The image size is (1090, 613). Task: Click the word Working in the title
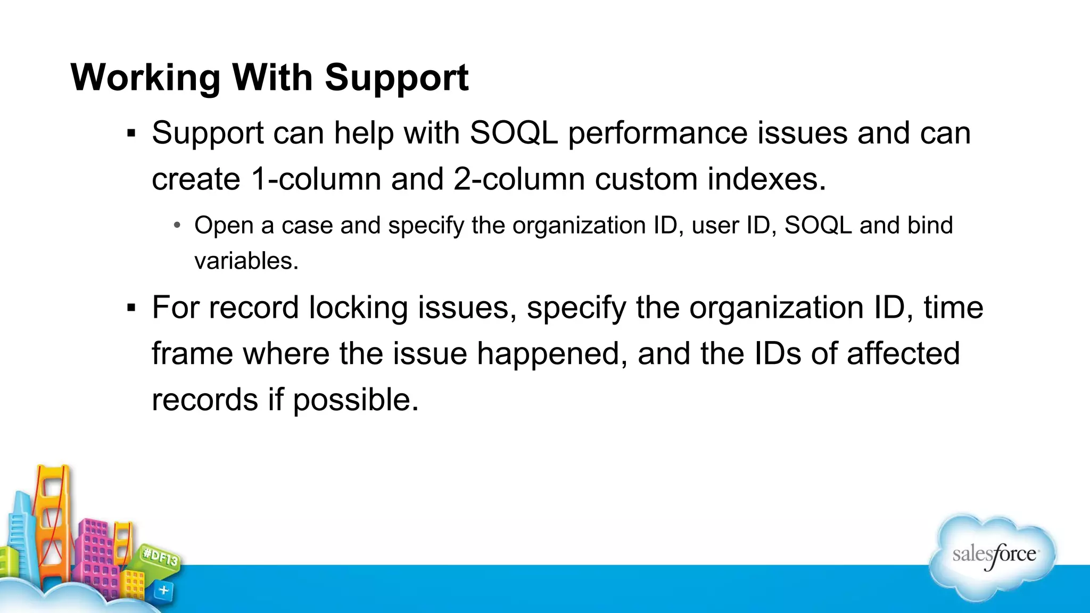145,78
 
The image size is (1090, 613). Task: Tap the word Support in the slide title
397,78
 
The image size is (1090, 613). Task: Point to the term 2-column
519,179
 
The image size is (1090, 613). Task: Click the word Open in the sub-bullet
223,226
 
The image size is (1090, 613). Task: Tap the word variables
246,261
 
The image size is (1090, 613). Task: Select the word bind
930,226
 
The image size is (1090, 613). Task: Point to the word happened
552,354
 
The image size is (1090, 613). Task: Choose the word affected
903,354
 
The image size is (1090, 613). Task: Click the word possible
356,400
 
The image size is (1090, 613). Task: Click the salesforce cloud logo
993,556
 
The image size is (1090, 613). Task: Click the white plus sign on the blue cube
164,590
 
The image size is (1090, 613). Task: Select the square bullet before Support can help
131,134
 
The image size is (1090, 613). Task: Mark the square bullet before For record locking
131,308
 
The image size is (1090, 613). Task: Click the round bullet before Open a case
177,226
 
